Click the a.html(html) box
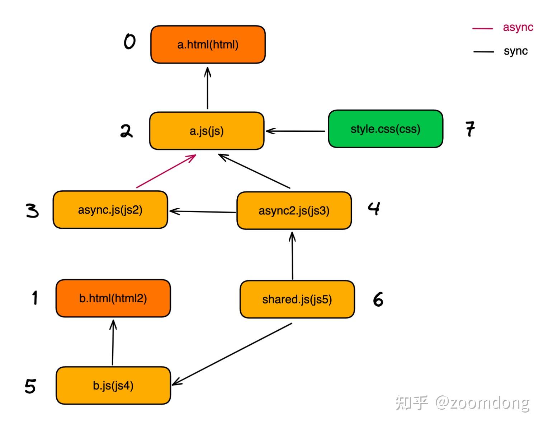[208, 45]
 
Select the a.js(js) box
[207, 131]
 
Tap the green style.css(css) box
[386, 129]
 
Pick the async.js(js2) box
[110, 210]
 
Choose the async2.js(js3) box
[294, 210]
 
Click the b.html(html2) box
[113, 298]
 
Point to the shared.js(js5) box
[297, 299]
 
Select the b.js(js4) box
[113, 385]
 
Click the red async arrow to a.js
[166, 172]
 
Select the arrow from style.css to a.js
[296, 131]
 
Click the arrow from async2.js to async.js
[203, 211]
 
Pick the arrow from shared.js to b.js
[232, 354]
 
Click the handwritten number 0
[129, 41]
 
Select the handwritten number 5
[30, 386]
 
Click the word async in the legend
[518, 27]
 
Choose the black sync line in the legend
[483, 52]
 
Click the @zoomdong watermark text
[482, 403]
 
